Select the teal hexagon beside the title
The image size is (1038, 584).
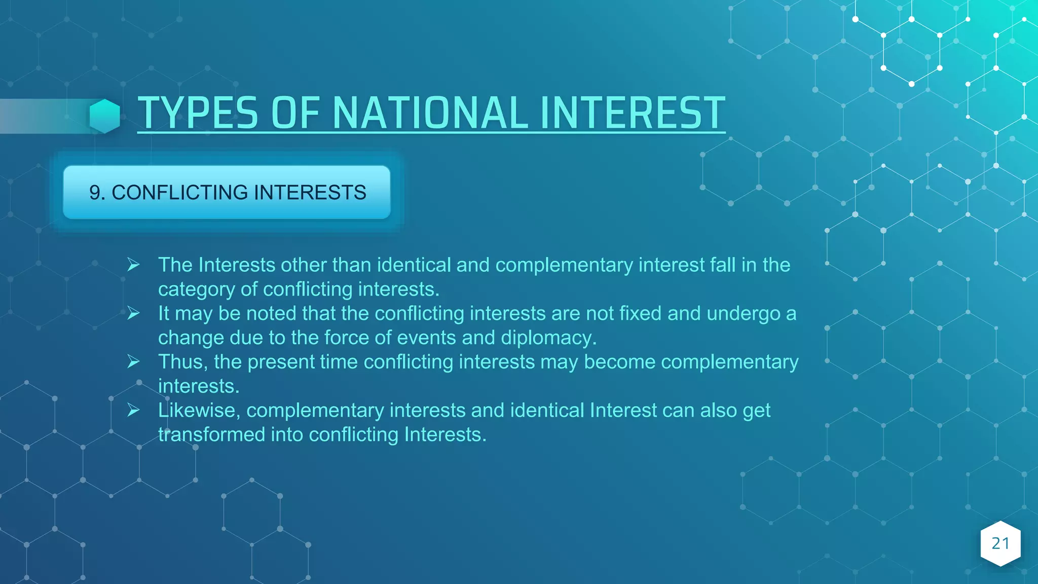pos(105,116)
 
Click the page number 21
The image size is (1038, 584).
pos(1000,543)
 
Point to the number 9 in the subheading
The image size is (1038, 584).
pos(95,193)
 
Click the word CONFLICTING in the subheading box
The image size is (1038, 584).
pos(180,193)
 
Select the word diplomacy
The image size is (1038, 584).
pos(549,338)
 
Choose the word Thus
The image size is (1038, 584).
pos(182,362)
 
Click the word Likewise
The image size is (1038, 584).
pos(199,410)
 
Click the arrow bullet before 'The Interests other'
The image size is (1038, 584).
pos(133,265)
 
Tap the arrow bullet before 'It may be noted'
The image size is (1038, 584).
pos(133,313)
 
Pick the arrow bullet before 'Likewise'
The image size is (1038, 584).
pos(133,410)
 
